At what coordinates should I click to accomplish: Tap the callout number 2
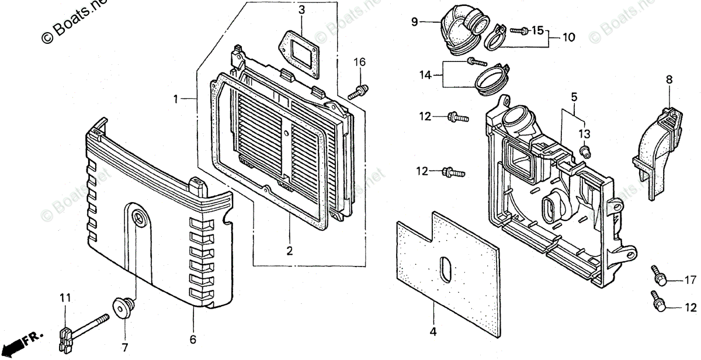[x=289, y=251]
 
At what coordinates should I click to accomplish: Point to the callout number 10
[x=568, y=37]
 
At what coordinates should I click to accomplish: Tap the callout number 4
[x=433, y=332]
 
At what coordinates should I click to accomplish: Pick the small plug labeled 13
[x=584, y=153]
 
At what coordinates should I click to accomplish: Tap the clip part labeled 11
[x=66, y=337]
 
